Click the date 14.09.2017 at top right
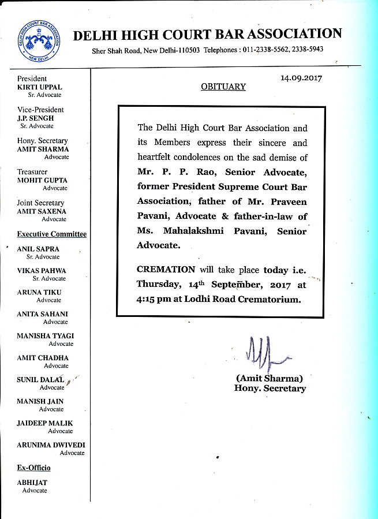pos(301,77)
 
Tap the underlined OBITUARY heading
pos(223,87)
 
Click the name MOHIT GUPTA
pos(42,180)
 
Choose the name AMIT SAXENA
pos(42,211)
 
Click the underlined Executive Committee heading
pos(52,234)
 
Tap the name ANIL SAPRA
pos(38,249)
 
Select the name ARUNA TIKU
pos(39,293)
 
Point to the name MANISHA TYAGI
pos(45,336)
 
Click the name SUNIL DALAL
pos(40,379)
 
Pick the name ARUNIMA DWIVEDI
pos(51,445)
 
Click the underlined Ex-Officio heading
pos(33,467)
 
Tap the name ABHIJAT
pos(32,483)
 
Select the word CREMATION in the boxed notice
pos(166,270)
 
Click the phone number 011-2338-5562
pos(262,50)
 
